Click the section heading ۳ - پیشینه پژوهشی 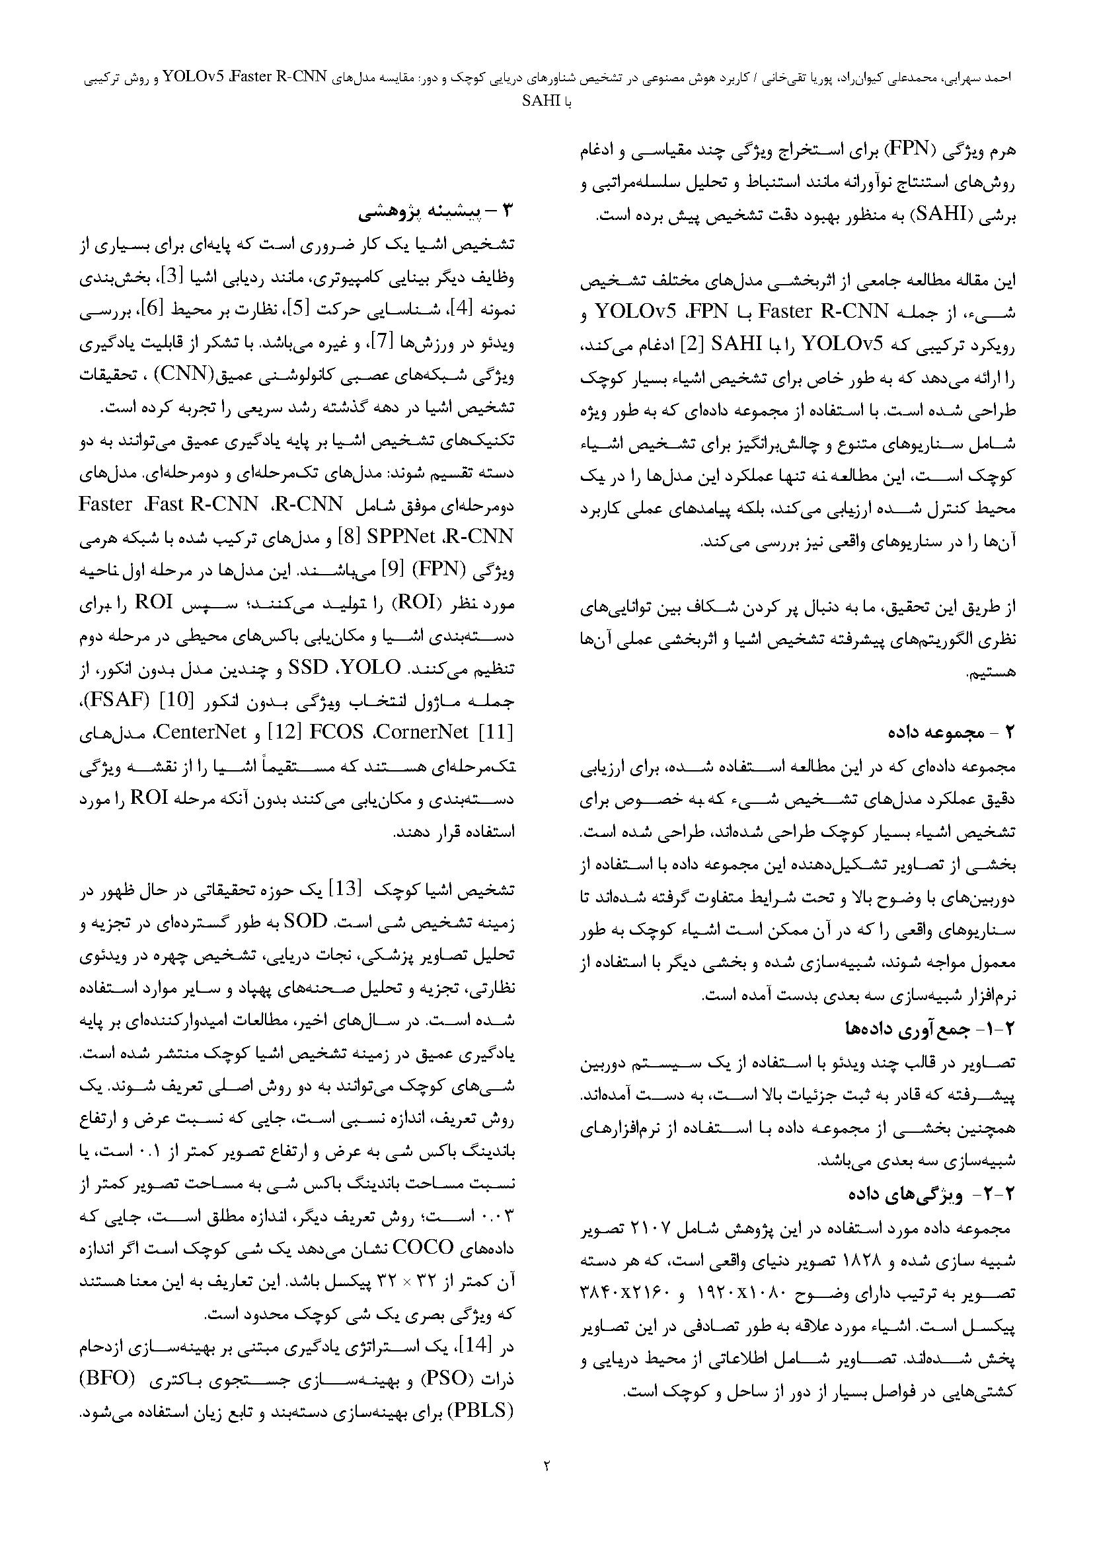coord(436,213)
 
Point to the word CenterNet coord(206,732)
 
